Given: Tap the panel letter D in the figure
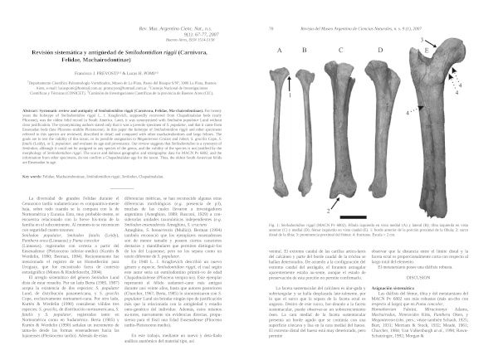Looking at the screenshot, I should (379, 51).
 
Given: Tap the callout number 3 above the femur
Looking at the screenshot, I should (422, 40).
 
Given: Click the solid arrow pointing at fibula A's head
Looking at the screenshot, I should (290, 85).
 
